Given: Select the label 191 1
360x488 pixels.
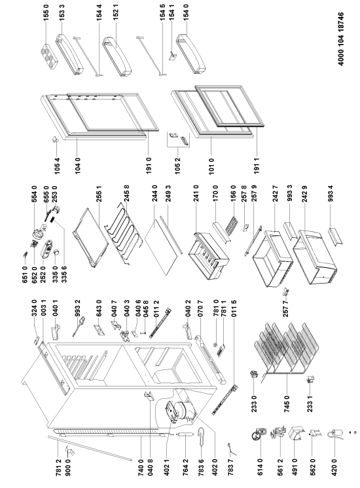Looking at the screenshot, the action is click(x=257, y=165).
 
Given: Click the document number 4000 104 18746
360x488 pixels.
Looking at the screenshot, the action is click(x=341, y=39).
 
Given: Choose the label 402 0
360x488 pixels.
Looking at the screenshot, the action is click(x=215, y=466).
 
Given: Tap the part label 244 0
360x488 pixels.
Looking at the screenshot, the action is click(x=155, y=193).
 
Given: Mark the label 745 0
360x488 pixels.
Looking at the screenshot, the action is click(x=287, y=403).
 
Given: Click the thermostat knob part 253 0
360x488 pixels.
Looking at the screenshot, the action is click(x=56, y=208).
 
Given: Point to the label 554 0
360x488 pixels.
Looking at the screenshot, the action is click(x=34, y=194).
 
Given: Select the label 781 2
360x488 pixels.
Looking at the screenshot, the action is click(x=58, y=466).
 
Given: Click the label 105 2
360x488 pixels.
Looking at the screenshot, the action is click(x=177, y=165).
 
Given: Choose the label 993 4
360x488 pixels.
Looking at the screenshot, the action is click(x=331, y=194).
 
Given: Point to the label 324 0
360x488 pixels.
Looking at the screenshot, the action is click(x=34, y=307).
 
